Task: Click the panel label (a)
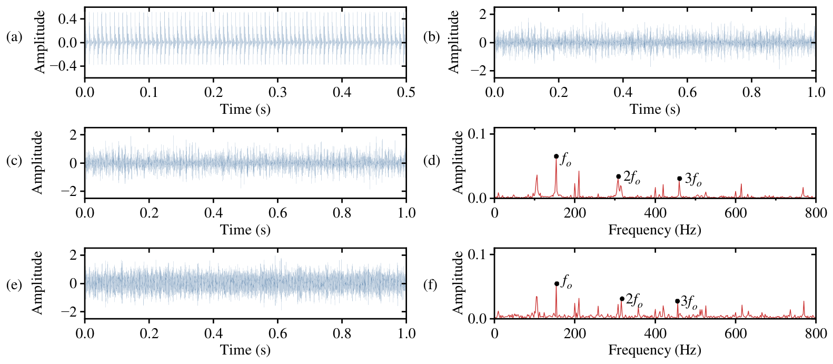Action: pyautogui.click(x=14, y=37)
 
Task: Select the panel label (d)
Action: pyautogui.click(x=431, y=161)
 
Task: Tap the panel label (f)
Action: pyautogui.click(x=431, y=285)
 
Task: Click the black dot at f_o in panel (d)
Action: pyautogui.click(x=556, y=156)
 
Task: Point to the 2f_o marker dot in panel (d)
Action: pyautogui.click(x=618, y=176)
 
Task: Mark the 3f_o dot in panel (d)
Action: pyautogui.click(x=679, y=179)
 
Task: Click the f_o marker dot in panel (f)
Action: pyautogui.click(x=557, y=284)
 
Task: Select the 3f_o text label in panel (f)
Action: pyautogui.click(x=689, y=302)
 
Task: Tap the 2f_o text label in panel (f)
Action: pyautogui.click(x=634, y=299)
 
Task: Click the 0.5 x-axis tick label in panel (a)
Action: pyautogui.click(x=406, y=92)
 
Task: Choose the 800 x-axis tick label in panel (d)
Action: pyautogui.click(x=816, y=213)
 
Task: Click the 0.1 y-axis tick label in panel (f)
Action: pyautogui.click(x=479, y=254)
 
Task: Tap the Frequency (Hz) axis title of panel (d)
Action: pyautogui.click(x=654, y=230)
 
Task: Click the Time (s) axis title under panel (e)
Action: pyautogui.click(x=245, y=350)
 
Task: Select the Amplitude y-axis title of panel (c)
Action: pyautogui.click(x=37, y=162)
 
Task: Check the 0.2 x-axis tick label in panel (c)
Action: pyautogui.click(x=149, y=213)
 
